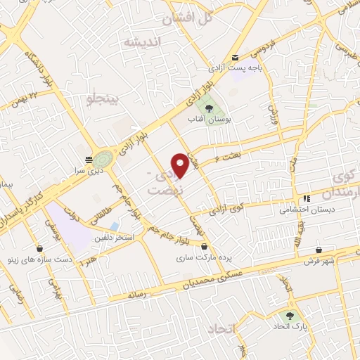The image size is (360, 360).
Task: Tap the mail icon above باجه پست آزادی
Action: (235, 58)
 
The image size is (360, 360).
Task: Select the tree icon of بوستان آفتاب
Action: (209, 108)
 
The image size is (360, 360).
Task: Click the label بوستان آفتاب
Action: (209, 120)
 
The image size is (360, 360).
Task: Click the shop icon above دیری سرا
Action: (88, 160)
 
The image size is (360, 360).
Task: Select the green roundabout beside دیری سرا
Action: (104, 158)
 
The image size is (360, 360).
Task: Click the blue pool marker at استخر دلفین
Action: (115, 226)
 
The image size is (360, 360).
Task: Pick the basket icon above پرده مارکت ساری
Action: (205, 247)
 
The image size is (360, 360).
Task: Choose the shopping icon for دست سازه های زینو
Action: (39, 247)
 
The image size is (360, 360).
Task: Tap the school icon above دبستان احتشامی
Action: (307, 198)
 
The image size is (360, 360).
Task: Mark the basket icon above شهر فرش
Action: (319, 249)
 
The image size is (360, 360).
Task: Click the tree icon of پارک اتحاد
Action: (290, 316)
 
